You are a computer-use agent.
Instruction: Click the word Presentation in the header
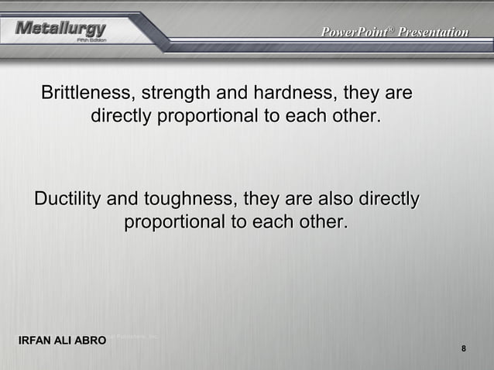[434, 33]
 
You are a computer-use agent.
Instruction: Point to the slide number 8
[463, 349]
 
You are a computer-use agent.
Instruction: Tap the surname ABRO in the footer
[91, 341]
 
